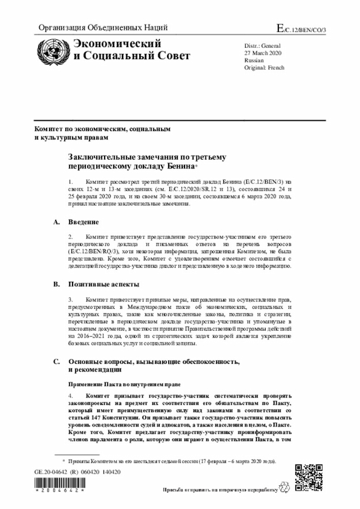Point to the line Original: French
pos(264,67)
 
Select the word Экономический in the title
pos(110,44)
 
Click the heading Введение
pos(84,222)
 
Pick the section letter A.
pos(56,222)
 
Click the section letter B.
pos(56,285)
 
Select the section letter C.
pos(56,362)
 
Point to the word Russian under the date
pos(254,60)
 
